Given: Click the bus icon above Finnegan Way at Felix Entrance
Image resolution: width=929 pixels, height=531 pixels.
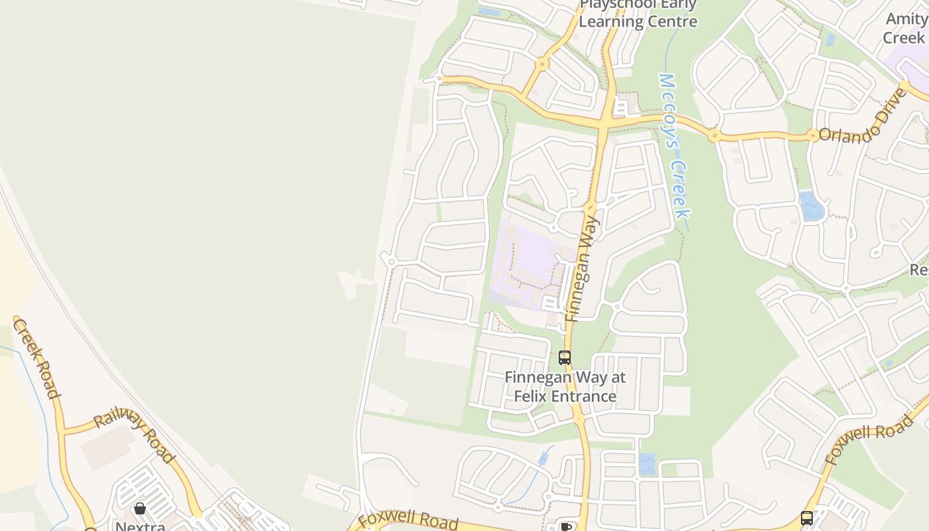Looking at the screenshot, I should (565, 358).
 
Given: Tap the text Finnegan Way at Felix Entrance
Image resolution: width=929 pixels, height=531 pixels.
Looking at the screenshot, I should (565, 387).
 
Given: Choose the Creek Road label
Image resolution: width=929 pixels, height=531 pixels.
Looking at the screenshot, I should (37, 359).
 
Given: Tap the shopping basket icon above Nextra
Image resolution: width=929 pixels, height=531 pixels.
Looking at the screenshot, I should (140, 508).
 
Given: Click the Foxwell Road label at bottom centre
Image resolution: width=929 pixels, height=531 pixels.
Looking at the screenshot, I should (407, 521).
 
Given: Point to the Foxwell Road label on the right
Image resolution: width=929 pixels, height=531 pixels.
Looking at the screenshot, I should (869, 439).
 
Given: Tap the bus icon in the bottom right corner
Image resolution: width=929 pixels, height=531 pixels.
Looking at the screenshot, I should (807, 518).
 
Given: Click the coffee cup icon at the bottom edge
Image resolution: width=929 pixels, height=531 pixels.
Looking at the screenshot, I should (566, 527).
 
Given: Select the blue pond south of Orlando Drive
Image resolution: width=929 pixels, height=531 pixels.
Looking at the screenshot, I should (812, 207).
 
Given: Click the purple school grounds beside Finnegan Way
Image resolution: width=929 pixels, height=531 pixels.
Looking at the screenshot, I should (528, 265).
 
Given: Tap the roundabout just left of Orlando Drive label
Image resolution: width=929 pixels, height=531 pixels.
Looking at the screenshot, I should (813, 135).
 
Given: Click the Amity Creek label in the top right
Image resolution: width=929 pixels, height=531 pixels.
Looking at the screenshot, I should (907, 28).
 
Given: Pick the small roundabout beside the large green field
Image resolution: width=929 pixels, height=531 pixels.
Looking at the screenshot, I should (392, 262).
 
